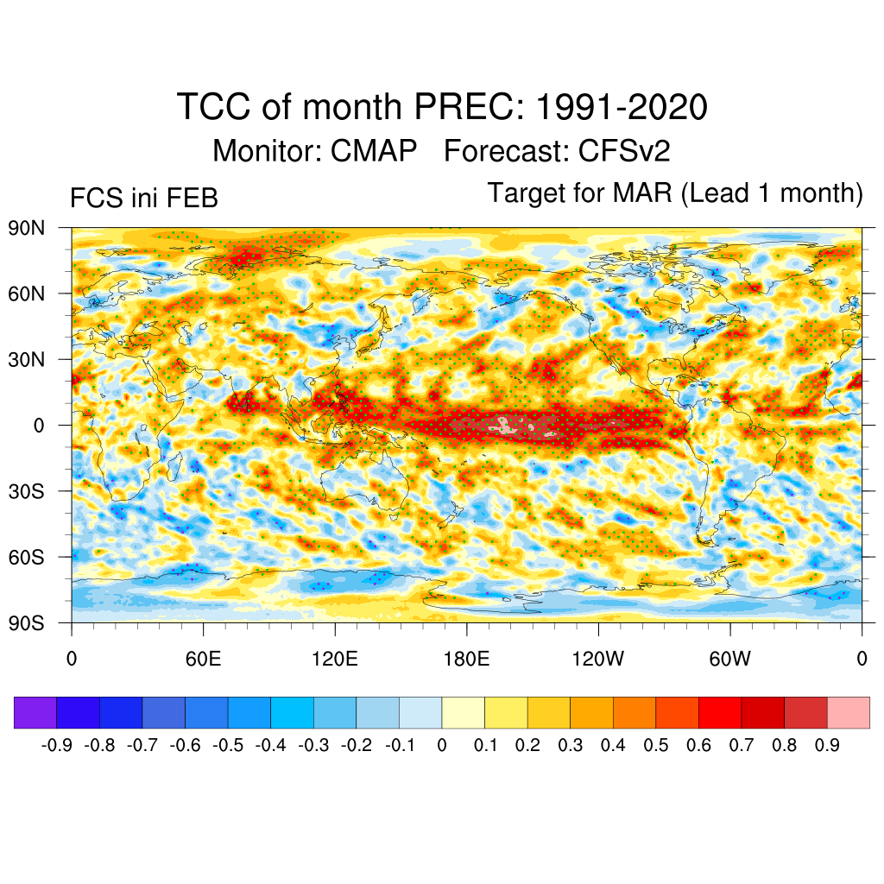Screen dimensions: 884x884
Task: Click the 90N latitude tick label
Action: pyautogui.click(x=27, y=228)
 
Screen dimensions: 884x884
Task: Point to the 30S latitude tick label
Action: pyautogui.click(x=27, y=491)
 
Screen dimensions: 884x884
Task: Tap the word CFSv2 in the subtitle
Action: pyautogui.click(x=624, y=151)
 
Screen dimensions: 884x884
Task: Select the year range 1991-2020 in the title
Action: pyautogui.click(x=622, y=108)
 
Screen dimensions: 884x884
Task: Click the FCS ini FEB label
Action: pyautogui.click(x=144, y=199)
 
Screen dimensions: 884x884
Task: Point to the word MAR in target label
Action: pyautogui.click(x=643, y=193)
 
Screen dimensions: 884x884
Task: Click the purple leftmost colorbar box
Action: pyautogui.click(x=35, y=713)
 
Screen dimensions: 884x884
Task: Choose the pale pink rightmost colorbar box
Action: pyautogui.click(x=848, y=713)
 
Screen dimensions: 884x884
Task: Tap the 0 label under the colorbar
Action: pyautogui.click(x=442, y=745)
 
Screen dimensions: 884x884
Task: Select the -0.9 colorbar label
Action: pyautogui.click(x=57, y=745)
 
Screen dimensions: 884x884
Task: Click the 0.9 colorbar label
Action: pyautogui.click(x=827, y=745)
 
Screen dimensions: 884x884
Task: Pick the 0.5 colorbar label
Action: pyautogui.click(x=656, y=745)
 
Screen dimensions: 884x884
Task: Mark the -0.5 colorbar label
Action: pyautogui.click(x=228, y=745)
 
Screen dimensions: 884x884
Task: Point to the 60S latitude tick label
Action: pyautogui.click(x=27, y=557)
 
